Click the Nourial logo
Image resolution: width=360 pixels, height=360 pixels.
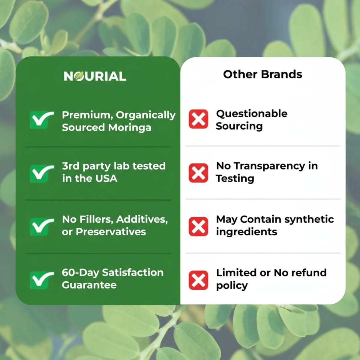[x=95, y=76]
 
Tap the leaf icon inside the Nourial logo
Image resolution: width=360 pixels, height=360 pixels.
[x=79, y=76]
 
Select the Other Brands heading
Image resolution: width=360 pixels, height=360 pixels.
[x=262, y=74]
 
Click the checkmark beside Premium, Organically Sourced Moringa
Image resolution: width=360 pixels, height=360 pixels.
[x=41, y=120]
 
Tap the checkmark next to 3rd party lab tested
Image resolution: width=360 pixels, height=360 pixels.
[x=41, y=173]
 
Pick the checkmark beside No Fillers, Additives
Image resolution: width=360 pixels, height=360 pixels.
[x=41, y=226]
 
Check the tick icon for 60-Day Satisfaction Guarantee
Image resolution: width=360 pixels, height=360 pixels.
[x=41, y=280]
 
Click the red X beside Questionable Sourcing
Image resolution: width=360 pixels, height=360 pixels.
[x=198, y=119]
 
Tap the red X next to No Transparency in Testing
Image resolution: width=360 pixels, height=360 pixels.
[x=198, y=173]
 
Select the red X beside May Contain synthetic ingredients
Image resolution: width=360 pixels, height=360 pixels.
[x=198, y=226]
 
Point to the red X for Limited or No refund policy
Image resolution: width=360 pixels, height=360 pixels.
[x=198, y=280]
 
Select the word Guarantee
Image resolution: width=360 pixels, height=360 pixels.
[x=89, y=285]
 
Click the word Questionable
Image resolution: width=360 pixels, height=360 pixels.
[x=252, y=114]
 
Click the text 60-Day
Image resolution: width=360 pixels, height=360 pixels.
[x=80, y=273]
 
